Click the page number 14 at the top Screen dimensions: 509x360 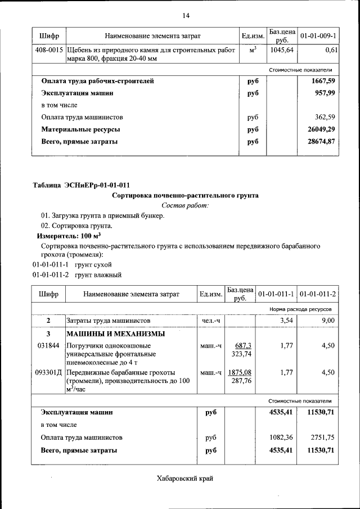tap(186, 15)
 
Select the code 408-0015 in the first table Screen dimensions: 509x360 tap(49, 51)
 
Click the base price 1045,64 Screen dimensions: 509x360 tap(282, 51)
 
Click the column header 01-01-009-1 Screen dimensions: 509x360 tap(318, 36)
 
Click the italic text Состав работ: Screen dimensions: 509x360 tap(185, 206)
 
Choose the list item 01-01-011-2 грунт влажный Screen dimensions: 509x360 tap(77, 275)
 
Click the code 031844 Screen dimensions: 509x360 tap(48, 346)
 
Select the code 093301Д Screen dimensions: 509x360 tap(49, 372)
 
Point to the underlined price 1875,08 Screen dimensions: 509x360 tap(240, 372)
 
